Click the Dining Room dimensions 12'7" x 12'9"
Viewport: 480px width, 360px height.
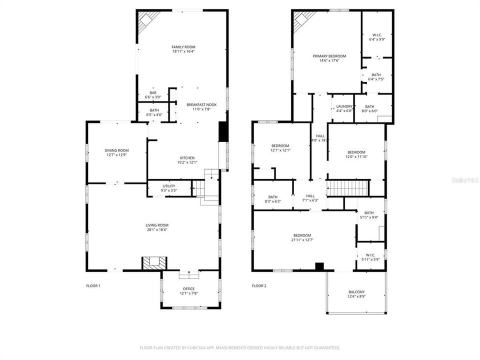[x=117, y=155]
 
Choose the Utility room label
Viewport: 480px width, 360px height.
[x=169, y=186]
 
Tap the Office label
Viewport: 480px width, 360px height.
[x=188, y=288]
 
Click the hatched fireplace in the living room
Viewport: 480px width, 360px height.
[x=151, y=263]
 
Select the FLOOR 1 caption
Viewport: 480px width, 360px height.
[x=93, y=286]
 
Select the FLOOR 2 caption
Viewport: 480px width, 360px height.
[x=259, y=286]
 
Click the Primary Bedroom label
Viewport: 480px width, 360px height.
[x=329, y=56]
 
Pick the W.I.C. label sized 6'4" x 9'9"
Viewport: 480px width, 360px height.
[x=377, y=34]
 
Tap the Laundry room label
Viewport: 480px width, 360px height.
[x=344, y=106]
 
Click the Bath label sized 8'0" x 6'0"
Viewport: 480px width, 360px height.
[x=369, y=106]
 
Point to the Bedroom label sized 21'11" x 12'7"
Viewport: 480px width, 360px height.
[x=302, y=235]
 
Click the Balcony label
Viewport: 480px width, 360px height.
[x=356, y=292]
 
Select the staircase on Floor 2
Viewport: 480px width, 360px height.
[x=347, y=188]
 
